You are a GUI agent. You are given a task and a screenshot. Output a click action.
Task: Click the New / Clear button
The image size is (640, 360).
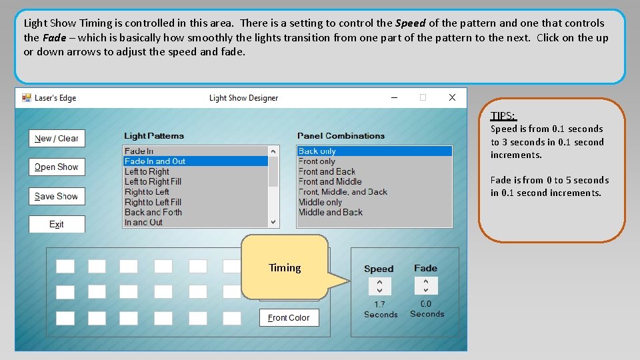[x=57, y=139]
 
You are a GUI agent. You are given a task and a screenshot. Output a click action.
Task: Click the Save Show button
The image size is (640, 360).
[x=57, y=196]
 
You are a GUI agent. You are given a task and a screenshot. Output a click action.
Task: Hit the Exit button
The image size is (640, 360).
[x=57, y=224]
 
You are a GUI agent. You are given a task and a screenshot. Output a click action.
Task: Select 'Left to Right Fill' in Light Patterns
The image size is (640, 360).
[x=153, y=181]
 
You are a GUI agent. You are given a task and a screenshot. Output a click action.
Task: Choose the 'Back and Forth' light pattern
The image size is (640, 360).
[x=153, y=212]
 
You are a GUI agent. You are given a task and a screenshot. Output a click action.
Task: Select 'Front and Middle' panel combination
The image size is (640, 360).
[x=330, y=181]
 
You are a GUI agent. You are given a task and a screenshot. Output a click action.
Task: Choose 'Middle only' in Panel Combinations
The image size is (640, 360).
[x=321, y=202]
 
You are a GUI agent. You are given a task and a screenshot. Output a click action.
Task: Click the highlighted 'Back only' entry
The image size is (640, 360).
[x=374, y=151]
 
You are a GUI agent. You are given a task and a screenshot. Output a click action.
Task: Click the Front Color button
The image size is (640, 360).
[x=289, y=317]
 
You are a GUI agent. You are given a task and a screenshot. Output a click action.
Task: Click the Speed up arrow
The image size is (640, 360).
[x=379, y=282]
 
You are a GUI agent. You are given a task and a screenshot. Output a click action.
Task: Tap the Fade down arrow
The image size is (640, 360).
[x=426, y=290]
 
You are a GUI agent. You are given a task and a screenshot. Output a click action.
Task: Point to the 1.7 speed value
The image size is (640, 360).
[x=379, y=305]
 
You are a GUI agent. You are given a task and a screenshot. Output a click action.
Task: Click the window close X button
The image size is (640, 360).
[x=452, y=97]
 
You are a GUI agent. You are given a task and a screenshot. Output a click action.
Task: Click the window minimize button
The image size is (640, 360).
[x=394, y=97]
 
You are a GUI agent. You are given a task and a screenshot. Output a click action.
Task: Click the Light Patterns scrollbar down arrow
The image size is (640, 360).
[x=273, y=222]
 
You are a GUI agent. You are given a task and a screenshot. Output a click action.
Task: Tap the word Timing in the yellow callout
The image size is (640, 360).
[x=285, y=268]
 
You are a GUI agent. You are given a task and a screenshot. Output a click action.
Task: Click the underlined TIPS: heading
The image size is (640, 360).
[x=504, y=116]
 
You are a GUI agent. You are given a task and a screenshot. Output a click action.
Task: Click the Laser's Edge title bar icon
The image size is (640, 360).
[x=27, y=98]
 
